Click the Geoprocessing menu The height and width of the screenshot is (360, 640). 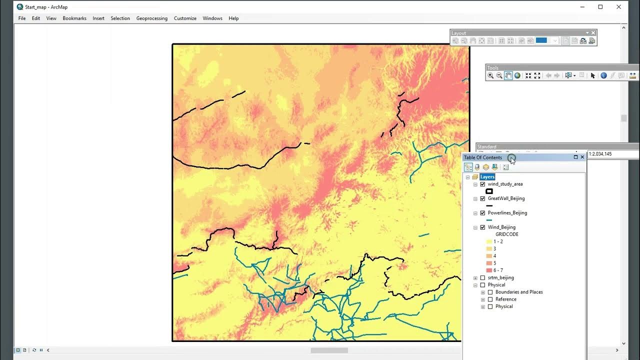pos(151,18)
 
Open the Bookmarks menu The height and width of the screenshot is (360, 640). pos(74,18)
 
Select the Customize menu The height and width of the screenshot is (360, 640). pos(185,18)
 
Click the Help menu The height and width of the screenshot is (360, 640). pos(233,18)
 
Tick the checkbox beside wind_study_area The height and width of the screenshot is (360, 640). pos(482,184)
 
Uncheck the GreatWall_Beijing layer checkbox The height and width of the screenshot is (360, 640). pos(482,198)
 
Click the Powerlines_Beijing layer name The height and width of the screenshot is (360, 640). pos(507,213)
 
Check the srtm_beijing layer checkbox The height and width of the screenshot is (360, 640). pos(482,277)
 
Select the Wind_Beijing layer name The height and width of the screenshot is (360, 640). pos(501,227)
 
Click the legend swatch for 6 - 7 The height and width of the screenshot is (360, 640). pos(489,270)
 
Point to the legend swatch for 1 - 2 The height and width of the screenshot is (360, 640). pos(489,241)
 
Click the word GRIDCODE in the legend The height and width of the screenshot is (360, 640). pos(506,234)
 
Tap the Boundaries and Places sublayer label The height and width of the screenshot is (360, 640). pos(519,292)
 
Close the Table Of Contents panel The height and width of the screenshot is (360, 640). pos(582,157)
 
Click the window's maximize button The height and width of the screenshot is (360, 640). pos(600,7)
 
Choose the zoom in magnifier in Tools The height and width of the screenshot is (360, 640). pos(490,75)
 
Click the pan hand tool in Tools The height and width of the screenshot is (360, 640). pos(508,75)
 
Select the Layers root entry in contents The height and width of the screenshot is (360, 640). pos(487,177)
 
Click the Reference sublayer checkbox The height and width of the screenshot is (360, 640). pos(490,299)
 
